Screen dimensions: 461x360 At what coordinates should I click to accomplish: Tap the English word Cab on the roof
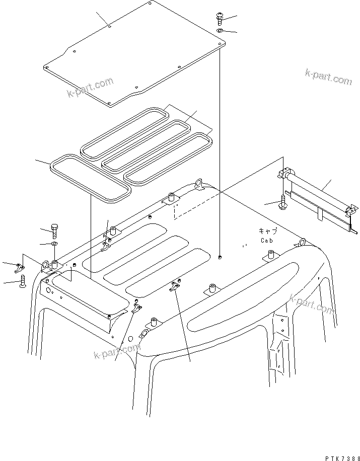point(267,241)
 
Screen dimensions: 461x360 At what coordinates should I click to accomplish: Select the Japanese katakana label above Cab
point(267,231)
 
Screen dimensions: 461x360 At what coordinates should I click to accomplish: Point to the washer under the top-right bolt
point(221,31)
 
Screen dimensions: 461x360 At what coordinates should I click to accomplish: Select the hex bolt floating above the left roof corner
point(54,231)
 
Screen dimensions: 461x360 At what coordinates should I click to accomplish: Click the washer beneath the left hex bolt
point(54,245)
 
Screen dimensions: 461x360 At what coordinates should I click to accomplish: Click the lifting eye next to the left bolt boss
point(44,264)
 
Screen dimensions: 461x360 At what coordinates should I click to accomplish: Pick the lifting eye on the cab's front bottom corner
point(143,334)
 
